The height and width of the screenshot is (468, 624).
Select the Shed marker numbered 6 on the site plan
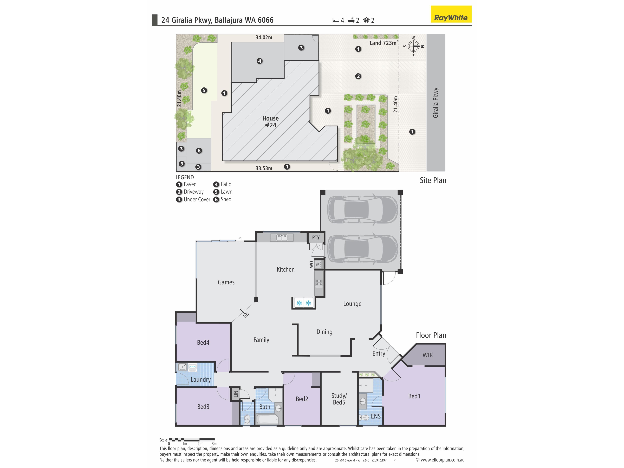(199, 151)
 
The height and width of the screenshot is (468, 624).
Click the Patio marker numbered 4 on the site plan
(260, 61)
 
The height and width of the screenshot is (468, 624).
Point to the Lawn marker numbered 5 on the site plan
(204, 90)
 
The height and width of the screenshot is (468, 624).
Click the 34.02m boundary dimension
(264, 37)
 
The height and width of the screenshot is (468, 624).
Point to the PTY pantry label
(316, 238)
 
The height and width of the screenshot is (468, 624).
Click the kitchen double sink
(282, 238)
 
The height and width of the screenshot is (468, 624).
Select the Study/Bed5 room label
(339, 399)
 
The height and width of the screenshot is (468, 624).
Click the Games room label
(226, 282)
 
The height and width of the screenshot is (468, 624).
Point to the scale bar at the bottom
(192, 440)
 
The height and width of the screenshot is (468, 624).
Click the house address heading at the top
(217, 20)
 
